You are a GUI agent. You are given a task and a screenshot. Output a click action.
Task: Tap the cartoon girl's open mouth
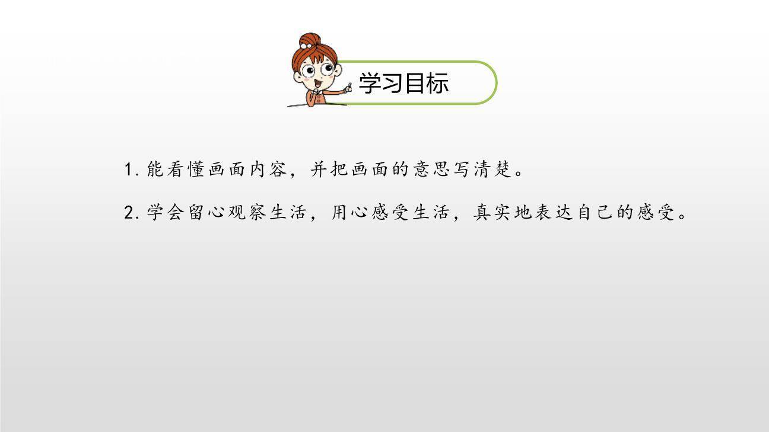(x=317, y=84)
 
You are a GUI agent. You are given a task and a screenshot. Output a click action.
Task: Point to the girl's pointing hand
(x=349, y=88)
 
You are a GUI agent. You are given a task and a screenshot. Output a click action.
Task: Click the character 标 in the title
(x=437, y=83)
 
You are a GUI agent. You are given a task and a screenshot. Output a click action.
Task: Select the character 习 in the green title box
(x=392, y=83)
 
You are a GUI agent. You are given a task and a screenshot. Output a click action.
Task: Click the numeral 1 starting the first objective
(x=128, y=169)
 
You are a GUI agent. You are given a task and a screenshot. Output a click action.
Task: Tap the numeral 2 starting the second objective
(x=129, y=213)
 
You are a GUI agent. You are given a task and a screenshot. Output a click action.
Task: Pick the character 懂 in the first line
(x=196, y=169)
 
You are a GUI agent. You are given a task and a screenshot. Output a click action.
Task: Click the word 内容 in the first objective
(x=268, y=169)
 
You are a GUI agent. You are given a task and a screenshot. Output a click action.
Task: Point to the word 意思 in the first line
(x=431, y=169)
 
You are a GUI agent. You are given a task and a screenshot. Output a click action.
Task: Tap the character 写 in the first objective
(x=462, y=169)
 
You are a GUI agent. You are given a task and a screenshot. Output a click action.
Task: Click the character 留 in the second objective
(x=196, y=212)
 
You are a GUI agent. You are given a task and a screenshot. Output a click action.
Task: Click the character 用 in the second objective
(x=339, y=212)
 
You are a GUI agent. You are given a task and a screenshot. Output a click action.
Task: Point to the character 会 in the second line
(x=176, y=212)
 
